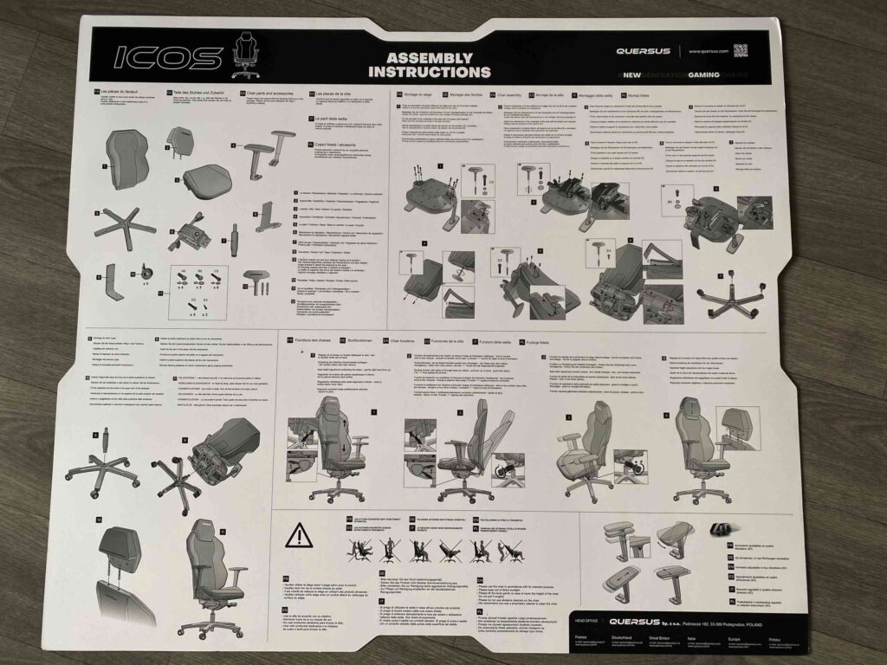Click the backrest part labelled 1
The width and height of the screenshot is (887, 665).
click(127, 159)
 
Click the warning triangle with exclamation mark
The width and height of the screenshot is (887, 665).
click(300, 536)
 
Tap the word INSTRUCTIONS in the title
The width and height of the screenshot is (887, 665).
click(429, 73)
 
